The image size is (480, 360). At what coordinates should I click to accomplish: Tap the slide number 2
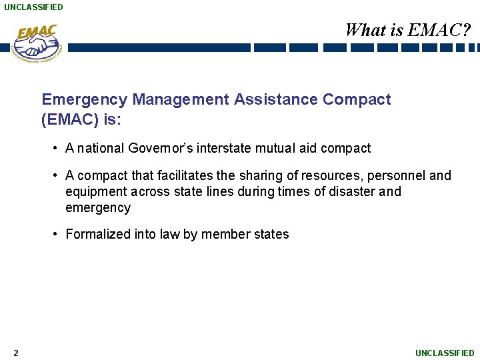pyautogui.click(x=15, y=353)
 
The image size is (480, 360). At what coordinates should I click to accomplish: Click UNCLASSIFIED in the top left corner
pyautogui.click(x=33, y=7)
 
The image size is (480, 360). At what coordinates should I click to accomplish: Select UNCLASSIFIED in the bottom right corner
pyautogui.click(x=445, y=353)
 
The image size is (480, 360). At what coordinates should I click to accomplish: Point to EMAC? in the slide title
pyautogui.click(x=440, y=30)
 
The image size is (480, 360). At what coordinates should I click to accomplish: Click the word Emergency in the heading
pyautogui.click(x=84, y=100)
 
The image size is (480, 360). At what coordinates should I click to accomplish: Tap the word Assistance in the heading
pyautogui.click(x=275, y=100)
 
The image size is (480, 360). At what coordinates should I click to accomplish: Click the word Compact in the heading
pyautogui.click(x=357, y=100)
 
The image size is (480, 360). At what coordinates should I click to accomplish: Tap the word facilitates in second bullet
pyautogui.click(x=188, y=175)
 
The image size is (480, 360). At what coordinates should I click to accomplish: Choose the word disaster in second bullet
pyautogui.click(x=351, y=191)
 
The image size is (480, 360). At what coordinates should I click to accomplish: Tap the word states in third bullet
pyautogui.click(x=273, y=234)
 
